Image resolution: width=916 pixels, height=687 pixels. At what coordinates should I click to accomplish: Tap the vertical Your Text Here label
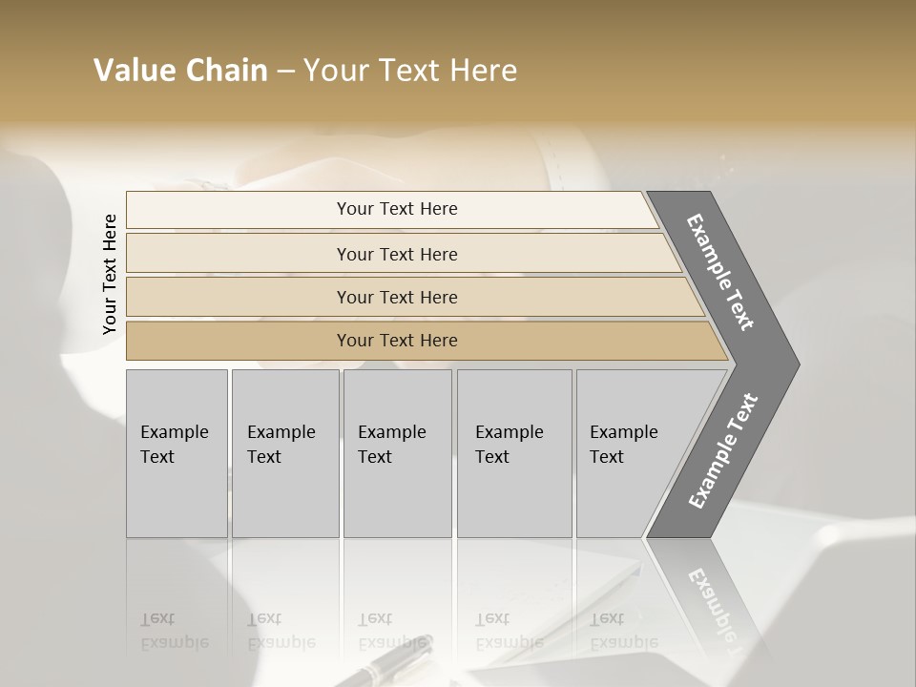(x=110, y=274)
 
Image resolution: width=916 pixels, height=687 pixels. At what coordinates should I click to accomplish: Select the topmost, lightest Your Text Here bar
(x=397, y=209)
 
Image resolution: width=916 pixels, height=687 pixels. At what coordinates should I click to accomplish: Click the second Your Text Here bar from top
(x=397, y=254)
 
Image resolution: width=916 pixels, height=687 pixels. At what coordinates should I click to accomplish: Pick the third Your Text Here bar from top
(x=397, y=297)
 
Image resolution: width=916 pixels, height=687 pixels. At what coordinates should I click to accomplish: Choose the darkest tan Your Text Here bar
(x=397, y=341)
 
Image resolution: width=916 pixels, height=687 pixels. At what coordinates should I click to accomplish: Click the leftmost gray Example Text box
(x=177, y=452)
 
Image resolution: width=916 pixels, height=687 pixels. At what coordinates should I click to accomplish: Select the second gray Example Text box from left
(x=285, y=452)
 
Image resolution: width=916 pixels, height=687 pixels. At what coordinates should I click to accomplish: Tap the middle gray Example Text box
(x=397, y=452)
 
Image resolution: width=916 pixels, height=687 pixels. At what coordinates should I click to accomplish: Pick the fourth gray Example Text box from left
(x=514, y=452)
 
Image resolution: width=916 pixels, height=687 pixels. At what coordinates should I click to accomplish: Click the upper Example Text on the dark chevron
(x=720, y=272)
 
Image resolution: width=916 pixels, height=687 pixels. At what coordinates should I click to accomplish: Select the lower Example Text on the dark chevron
(x=722, y=451)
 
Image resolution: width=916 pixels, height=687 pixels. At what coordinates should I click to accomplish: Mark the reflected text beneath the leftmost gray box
(x=175, y=631)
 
